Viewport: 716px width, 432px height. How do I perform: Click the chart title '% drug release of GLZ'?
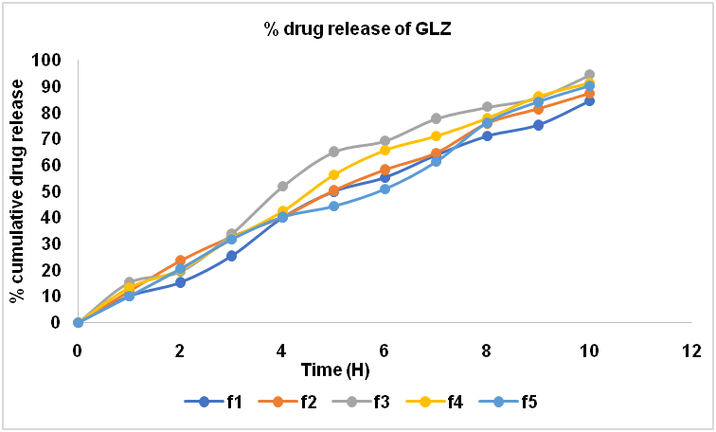point(358,28)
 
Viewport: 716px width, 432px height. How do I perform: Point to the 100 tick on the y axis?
point(46,60)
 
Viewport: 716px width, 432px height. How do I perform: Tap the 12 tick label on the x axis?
point(691,350)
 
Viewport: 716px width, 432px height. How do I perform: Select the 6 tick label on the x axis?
point(385,350)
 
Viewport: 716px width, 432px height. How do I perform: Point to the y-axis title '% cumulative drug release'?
point(17,192)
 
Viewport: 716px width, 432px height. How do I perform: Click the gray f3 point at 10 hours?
point(589,75)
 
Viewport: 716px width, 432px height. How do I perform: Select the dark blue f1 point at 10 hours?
point(589,100)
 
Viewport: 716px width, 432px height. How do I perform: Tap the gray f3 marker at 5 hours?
point(333,152)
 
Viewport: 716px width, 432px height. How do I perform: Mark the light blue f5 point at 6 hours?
point(385,189)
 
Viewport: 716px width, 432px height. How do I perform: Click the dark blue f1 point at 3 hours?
point(231,256)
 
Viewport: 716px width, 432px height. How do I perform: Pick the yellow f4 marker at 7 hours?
point(436,136)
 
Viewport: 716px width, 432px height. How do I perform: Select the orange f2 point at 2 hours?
point(180,261)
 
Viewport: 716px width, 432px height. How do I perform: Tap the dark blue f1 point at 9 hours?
point(538,125)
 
